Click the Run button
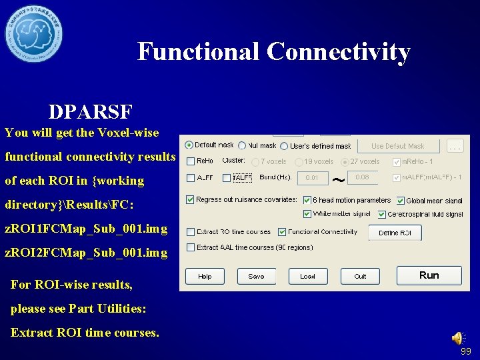pos(429,275)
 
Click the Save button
pos(256,276)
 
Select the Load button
pos(307,276)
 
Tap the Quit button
pos(360,276)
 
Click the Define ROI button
pos(399,233)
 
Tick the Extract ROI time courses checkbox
pos(191,232)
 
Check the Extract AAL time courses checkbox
pos(191,247)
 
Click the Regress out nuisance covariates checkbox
pos(191,199)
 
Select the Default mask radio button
pos(189,145)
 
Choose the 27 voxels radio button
pos(345,161)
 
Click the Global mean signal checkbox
pos(400,201)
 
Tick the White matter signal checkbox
pos(307,214)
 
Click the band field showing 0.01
pos(312,178)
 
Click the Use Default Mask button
pos(398,146)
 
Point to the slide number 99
pos(465,351)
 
